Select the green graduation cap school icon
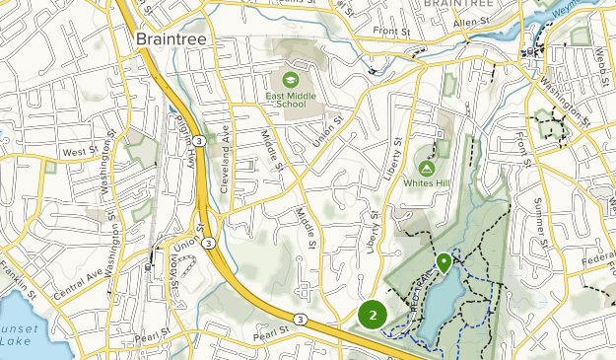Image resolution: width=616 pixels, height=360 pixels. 291,79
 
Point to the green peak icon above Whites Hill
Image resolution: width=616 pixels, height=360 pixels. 428,168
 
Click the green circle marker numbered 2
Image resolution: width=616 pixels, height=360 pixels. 373,315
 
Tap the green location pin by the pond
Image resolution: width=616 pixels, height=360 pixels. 444,262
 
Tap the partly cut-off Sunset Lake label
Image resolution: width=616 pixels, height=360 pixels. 16,340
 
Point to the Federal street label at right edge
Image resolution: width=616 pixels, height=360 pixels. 597,262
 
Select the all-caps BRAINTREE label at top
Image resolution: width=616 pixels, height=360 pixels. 455,5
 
